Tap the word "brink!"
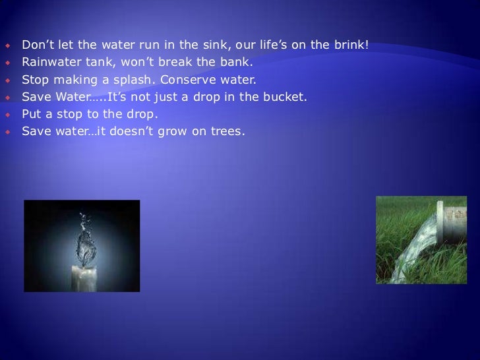coord(351,45)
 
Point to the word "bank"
coord(239,63)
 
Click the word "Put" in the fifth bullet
coord(32,114)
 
